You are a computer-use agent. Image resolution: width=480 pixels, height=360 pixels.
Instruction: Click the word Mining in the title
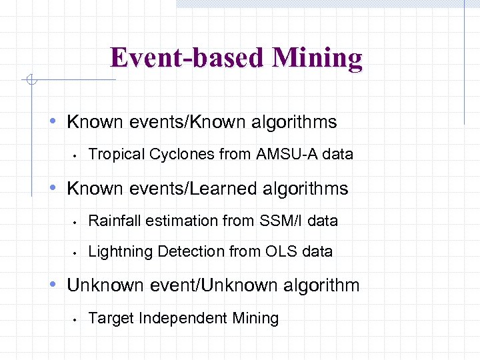[x=317, y=58]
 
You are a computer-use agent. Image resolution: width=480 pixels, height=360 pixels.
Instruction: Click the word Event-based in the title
[x=188, y=58]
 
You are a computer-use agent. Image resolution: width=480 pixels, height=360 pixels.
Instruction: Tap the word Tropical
[x=116, y=154]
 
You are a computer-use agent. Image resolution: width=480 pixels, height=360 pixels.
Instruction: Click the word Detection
[x=186, y=251]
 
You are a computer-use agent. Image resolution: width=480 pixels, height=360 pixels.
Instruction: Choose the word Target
[x=110, y=318]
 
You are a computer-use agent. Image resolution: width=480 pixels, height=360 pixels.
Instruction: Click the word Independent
[x=181, y=318]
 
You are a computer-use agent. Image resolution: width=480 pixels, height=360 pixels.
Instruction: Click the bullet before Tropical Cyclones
[x=77, y=155]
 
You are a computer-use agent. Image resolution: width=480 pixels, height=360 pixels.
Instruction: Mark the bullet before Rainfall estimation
[x=77, y=221]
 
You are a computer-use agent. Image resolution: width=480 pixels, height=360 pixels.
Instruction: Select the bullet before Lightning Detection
[x=77, y=253]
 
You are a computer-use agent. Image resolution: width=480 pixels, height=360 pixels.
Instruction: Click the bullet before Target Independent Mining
[x=77, y=319]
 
